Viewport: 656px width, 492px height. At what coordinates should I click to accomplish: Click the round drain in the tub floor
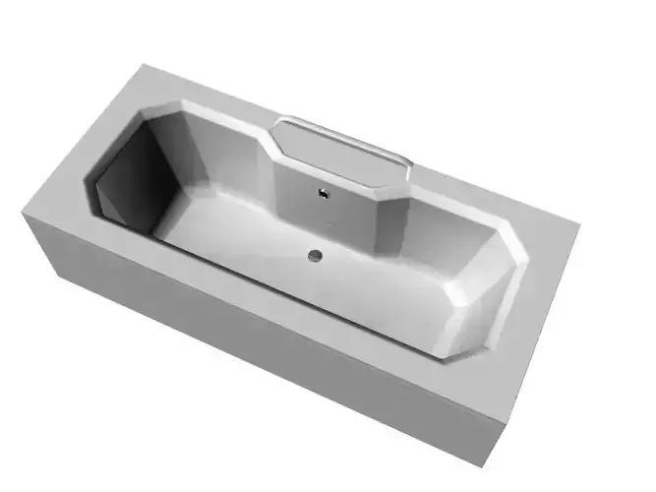coord(315,256)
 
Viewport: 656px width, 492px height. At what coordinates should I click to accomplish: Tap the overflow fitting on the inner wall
coord(321,193)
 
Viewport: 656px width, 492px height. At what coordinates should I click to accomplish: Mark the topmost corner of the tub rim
coord(145,66)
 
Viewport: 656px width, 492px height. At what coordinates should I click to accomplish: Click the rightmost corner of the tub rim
coord(579,228)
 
